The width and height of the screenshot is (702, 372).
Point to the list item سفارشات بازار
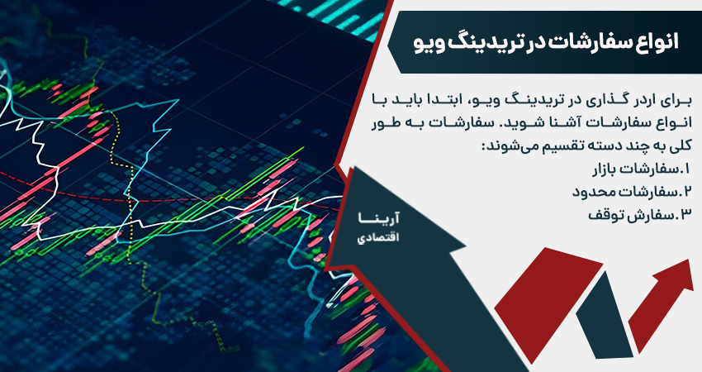[637, 171]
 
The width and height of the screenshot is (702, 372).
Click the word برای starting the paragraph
[673, 100]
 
